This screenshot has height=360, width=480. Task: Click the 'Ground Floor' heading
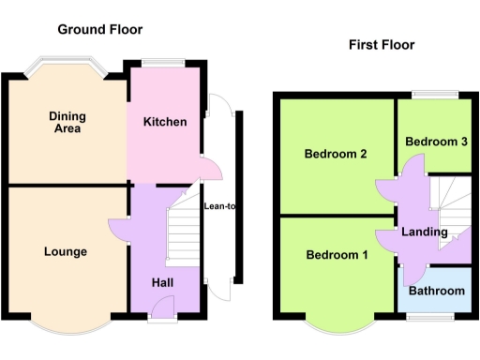tap(100, 29)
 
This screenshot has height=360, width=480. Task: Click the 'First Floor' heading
tap(382, 44)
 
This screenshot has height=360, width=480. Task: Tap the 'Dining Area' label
tap(67, 122)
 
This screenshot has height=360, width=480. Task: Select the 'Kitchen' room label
tap(164, 122)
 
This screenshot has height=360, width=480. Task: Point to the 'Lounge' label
tap(66, 251)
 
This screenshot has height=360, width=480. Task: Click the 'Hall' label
tap(163, 282)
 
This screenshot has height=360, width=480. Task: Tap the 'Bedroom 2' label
tap(335, 155)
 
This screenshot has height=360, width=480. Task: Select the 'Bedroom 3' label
tap(436, 141)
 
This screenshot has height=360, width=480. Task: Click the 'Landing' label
tap(425, 232)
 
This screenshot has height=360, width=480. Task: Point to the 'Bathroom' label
tap(437, 291)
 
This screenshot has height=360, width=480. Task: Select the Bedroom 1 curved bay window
tap(339, 324)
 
